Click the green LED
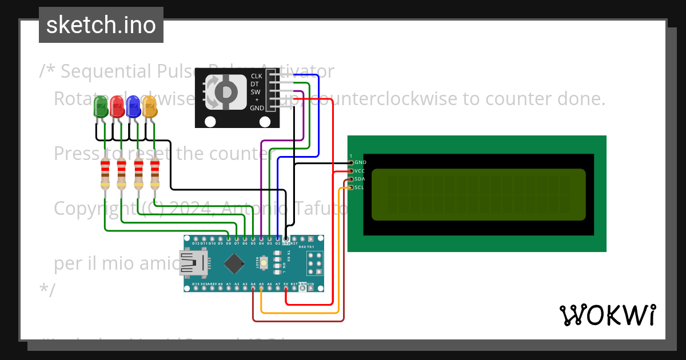pyautogui.click(x=101, y=107)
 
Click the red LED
pyautogui.click(x=117, y=107)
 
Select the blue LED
pyautogui.click(x=133, y=107)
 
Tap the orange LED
pyautogui.click(x=149, y=107)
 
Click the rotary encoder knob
pyautogui.click(x=227, y=91)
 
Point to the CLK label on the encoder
pyautogui.click(x=257, y=76)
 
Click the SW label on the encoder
pyautogui.click(x=256, y=92)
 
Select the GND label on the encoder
pyautogui.click(x=257, y=107)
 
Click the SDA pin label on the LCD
pyautogui.click(x=360, y=179)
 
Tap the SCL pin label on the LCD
pyautogui.click(x=360, y=187)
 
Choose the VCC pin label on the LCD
pyautogui.click(x=360, y=170)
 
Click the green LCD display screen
pyautogui.click(x=478, y=195)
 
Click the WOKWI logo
pyautogui.click(x=608, y=315)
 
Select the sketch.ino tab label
pyautogui.click(x=101, y=25)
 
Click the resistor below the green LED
pyautogui.click(x=105, y=174)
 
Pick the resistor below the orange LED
pyautogui.click(x=155, y=174)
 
